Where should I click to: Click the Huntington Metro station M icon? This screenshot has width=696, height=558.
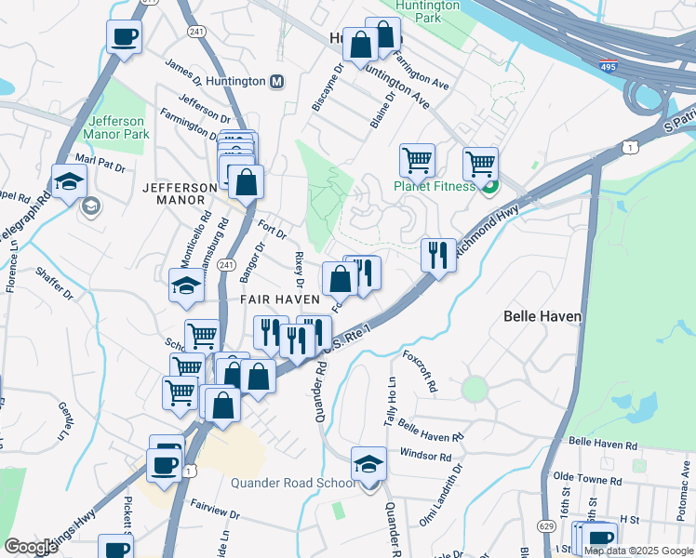pos(276,82)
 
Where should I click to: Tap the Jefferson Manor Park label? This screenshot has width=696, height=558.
pos(116,127)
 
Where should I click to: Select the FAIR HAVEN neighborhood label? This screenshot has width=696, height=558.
pos(280,299)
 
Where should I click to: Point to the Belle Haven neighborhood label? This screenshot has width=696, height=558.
pos(542,316)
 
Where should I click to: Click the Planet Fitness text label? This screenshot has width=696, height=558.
pos(434,185)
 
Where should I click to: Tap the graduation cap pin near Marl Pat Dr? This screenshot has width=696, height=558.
pos(69,181)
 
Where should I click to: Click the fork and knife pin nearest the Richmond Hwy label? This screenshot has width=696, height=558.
pos(437,254)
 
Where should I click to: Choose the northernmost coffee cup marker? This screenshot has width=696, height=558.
pos(124,38)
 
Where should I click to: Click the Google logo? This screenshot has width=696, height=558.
pos(31,547)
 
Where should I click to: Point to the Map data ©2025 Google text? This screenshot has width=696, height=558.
pos(637,551)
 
